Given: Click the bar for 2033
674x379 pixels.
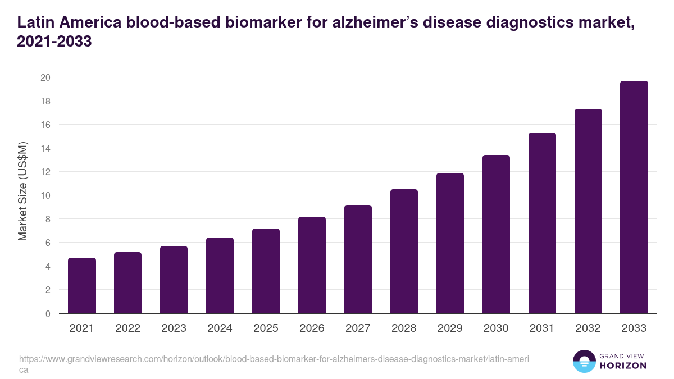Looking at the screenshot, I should click(634, 197).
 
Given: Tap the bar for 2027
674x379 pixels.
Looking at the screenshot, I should click(358, 259).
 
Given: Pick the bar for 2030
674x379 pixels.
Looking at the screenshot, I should click(496, 234).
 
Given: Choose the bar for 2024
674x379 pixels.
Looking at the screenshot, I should click(220, 275).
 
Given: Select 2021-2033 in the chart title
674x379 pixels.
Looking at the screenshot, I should click(54, 42).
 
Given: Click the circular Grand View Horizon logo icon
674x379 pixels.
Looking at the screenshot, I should click(584, 361).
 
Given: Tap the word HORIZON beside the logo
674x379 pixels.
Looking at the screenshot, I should click(623, 366).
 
